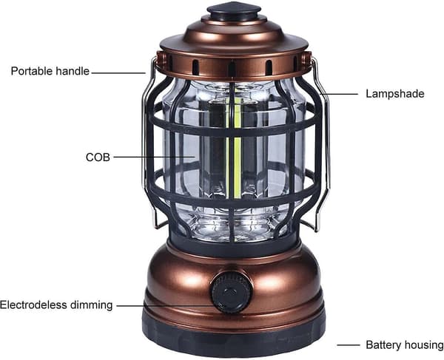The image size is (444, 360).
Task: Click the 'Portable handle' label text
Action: [x=50, y=71]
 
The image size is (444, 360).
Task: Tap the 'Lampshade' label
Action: [x=395, y=94]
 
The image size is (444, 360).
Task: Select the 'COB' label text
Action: [x=98, y=157]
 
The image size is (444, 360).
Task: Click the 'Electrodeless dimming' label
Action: [x=56, y=305]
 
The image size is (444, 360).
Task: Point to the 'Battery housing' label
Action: [x=405, y=344]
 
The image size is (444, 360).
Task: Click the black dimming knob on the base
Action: [x=232, y=292]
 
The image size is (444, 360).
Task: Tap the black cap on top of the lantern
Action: [x=234, y=10]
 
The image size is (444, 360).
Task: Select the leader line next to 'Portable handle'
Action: [x=118, y=73]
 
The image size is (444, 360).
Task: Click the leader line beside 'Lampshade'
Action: [x=339, y=94]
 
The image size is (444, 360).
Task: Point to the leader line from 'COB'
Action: [x=155, y=157]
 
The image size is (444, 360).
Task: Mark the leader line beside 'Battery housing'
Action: [x=349, y=345]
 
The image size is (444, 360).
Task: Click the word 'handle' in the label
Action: [x=73, y=71]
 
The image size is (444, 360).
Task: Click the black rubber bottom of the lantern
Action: [x=234, y=338]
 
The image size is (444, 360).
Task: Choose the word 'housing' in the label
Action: [x=424, y=345]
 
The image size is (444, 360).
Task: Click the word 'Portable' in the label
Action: [x=32, y=71]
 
